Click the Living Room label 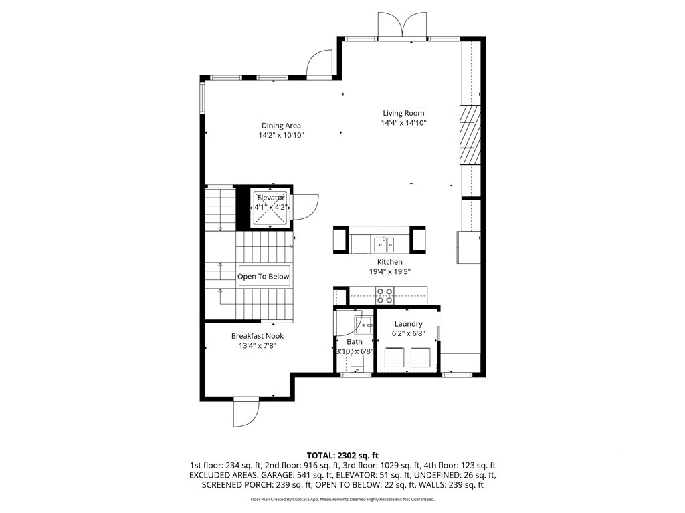[x=403, y=113]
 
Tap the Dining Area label [x=281, y=125]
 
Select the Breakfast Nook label [x=258, y=336]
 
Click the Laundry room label [x=408, y=324]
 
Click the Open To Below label [x=264, y=276]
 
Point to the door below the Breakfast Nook [x=246, y=411]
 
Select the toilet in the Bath [x=356, y=363]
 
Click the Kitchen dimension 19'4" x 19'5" [x=390, y=272]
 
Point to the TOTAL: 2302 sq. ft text [x=342, y=454]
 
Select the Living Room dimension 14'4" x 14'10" [x=403, y=123]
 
